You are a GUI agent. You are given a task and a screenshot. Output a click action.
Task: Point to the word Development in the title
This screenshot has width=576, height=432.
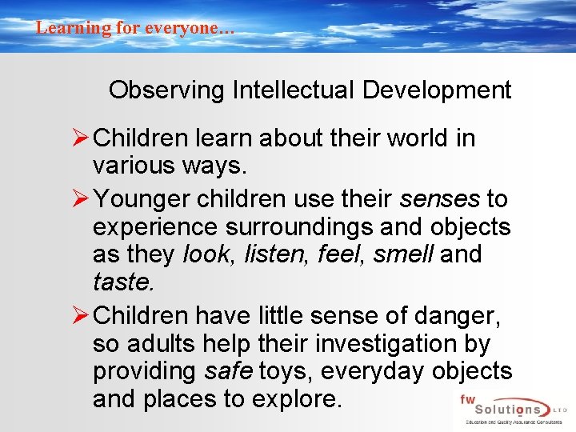coord(437,90)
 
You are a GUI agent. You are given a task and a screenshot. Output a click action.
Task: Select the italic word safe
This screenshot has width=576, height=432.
coord(227,372)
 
